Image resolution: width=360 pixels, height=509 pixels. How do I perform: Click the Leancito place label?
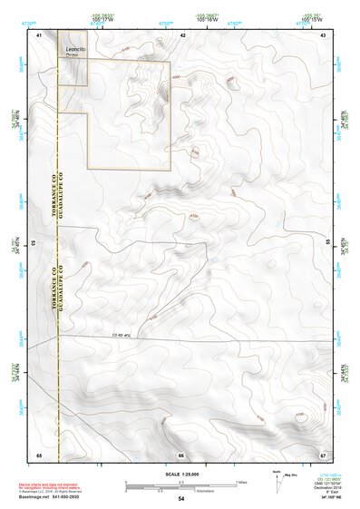(x=73, y=46)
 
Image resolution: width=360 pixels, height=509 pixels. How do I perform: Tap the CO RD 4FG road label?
(x=121, y=336)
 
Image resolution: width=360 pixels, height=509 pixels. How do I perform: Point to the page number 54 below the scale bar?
(x=181, y=499)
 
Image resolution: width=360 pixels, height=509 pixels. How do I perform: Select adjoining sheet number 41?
(x=39, y=34)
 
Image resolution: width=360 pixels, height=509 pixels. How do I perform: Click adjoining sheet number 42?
(x=182, y=34)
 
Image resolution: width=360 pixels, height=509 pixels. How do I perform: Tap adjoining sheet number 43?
(x=324, y=34)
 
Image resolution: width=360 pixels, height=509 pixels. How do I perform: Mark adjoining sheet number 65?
(x=39, y=454)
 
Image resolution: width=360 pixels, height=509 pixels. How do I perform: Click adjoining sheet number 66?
(x=181, y=454)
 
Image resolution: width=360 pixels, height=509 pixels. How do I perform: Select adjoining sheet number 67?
(x=324, y=454)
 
